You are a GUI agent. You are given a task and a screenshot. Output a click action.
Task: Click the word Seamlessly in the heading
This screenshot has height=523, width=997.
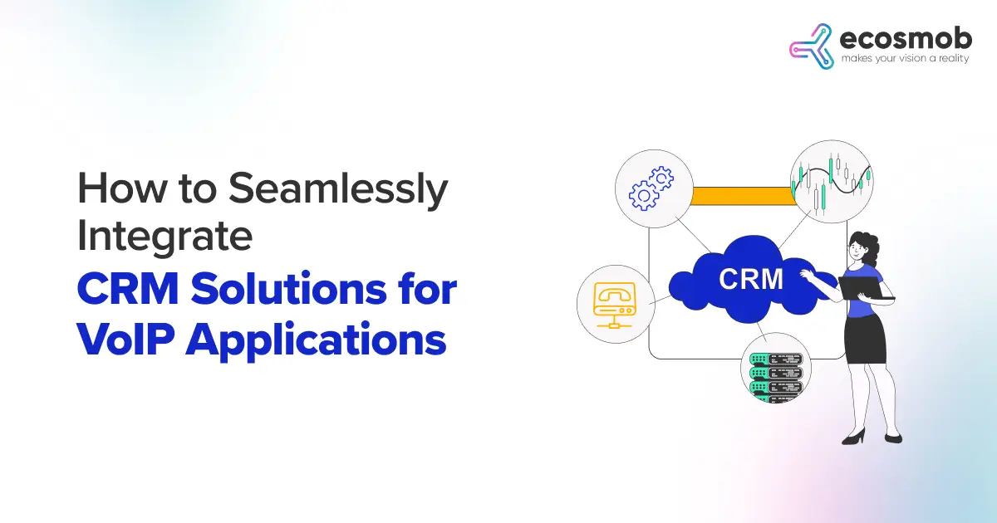pos(337,191)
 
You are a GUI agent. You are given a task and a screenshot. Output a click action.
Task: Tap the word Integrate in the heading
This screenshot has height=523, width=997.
pos(165,237)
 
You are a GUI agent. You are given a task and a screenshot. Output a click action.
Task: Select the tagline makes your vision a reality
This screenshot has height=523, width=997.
pos(905,60)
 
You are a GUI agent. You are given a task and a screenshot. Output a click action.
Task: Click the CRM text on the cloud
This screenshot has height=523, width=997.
pos(750,279)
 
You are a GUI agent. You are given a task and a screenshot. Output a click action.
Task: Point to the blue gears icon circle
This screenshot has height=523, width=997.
pos(651,187)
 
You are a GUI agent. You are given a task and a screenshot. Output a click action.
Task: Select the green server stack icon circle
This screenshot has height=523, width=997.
pos(775,368)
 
